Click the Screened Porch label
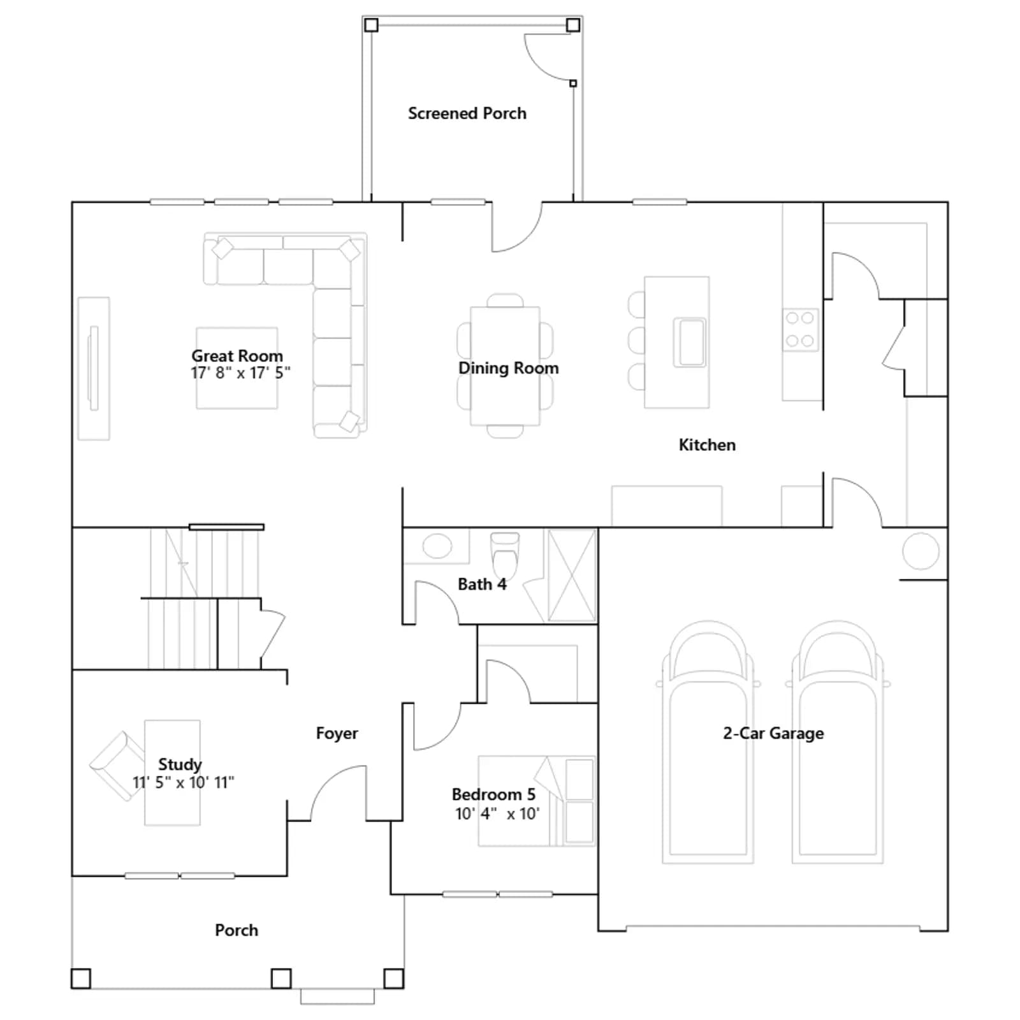coord(467,113)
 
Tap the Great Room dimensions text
coord(240,373)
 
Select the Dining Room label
coord(508,368)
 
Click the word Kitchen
coord(707,445)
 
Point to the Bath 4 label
coord(482,584)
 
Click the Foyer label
coord(337,734)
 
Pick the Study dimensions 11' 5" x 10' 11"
coord(183,782)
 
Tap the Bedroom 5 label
coord(493,794)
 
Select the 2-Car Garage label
coord(773,733)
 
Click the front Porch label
coord(237,930)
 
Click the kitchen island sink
coord(690,343)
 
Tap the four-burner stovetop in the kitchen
coord(801,330)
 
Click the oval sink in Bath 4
coord(437,546)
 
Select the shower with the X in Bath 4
coord(571,575)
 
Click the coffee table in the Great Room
coord(237,368)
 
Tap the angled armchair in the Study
coord(118,765)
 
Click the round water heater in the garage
coord(921,551)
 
